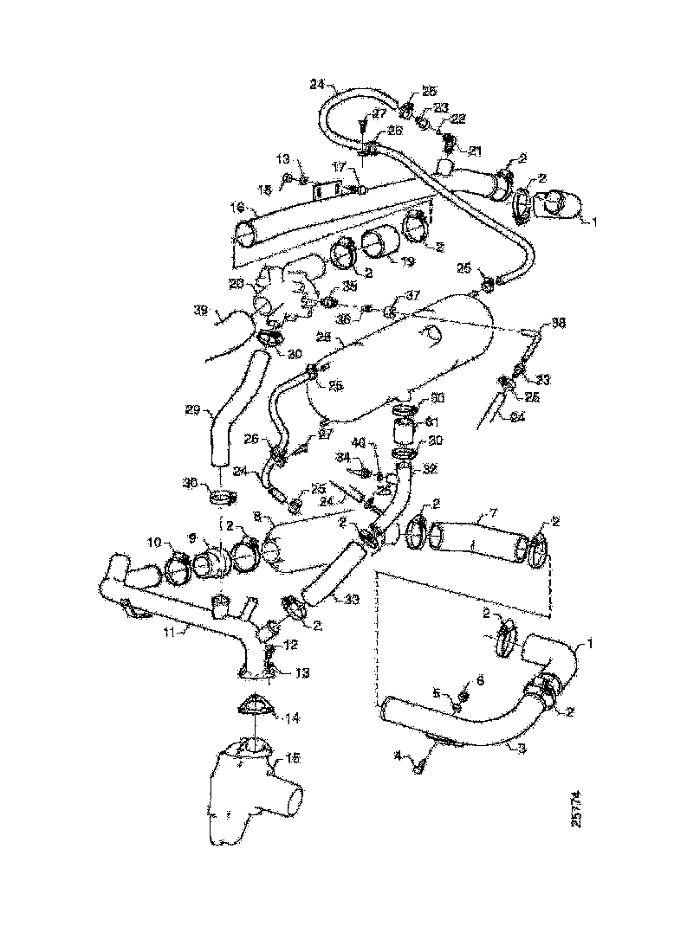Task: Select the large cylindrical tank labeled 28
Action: click(x=399, y=355)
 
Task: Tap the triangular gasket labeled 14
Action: click(x=255, y=706)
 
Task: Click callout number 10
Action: click(x=154, y=543)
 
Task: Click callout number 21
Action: click(x=475, y=150)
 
